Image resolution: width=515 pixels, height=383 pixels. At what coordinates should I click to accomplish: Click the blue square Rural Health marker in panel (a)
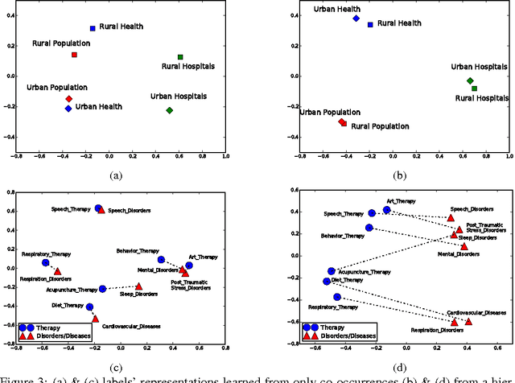tap(93, 28)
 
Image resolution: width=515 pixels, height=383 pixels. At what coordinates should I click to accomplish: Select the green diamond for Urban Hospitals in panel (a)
tap(169, 110)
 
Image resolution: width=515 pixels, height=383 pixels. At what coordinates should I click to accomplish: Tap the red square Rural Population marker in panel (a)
tap(74, 55)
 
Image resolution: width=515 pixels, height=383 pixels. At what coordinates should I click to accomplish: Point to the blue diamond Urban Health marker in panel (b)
tap(356, 18)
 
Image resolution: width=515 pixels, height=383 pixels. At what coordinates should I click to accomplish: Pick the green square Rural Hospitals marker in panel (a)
tap(180, 57)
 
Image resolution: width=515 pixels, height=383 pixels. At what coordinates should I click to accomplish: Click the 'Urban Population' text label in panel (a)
tap(53, 86)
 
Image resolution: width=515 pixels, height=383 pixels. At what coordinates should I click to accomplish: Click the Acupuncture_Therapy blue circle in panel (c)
tap(102, 289)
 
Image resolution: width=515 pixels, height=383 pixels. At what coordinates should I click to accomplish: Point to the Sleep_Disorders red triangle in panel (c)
tap(138, 286)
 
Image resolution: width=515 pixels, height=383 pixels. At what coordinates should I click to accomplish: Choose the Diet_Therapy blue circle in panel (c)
tap(89, 307)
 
